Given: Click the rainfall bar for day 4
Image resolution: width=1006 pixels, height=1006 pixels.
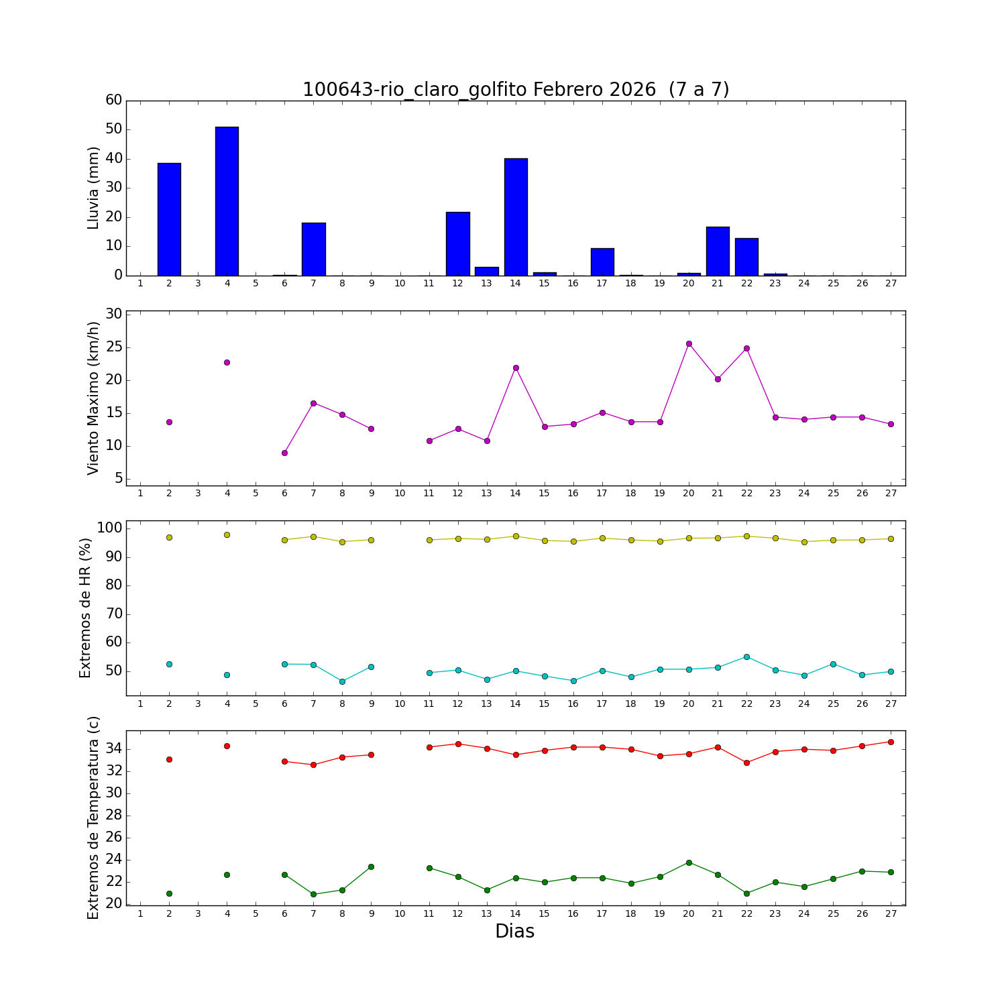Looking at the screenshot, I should pyautogui.click(x=227, y=201).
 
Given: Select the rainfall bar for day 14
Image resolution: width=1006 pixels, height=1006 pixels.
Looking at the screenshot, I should pyautogui.click(x=516, y=217).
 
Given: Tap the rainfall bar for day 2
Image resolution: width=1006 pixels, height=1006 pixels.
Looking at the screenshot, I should pyautogui.click(x=169, y=219).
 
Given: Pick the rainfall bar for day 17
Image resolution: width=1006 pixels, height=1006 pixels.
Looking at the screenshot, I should pyautogui.click(x=602, y=262).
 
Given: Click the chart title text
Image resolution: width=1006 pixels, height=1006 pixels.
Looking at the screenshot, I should pyautogui.click(x=515, y=89).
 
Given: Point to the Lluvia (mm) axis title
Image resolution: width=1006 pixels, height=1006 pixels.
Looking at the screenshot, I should pyautogui.click(x=94, y=188).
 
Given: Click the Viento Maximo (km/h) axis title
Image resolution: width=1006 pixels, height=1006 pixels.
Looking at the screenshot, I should pyautogui.click(x=94, y=398).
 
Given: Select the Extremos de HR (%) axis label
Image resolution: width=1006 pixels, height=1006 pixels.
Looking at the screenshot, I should pyautogui.click(x=85, y=608).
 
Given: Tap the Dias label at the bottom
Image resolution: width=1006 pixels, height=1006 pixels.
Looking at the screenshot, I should pyautogui.click(x=514, y=931).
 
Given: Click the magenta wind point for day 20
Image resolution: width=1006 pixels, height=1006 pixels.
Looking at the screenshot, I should pyautogui.click(x=689, y=343).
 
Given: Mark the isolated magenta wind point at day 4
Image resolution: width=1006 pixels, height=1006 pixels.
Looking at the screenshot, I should pyautogui.click(x=227, y=362).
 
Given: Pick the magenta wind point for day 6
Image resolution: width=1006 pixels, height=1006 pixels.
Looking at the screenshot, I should pyautogui.click(x=284, y=453).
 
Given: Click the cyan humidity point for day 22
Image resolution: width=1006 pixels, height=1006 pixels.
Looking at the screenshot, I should pyautogui.click(x=746, y=657).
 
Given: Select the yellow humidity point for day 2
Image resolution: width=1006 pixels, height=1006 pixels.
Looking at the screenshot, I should pyautogui.click(x=169, y=537).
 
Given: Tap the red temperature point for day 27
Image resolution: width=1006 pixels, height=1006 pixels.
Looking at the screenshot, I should pyautogui.click(x=891, y=742).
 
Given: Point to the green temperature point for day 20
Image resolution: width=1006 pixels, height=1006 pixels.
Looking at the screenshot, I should pyautogui.click(x=689, y=862).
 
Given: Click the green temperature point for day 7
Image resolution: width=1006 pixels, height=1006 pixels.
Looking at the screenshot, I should pyautogui.click(x=313, y=894).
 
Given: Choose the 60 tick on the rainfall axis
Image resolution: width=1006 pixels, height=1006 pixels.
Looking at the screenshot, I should pyautogui.click(x=114, y=100).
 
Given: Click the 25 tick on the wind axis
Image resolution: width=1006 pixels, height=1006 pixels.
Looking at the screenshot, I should pyautogui.click(x=114, y=347).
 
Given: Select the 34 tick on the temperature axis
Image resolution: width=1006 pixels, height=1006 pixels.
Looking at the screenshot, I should pyautogui.click(x=114, y=748).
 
